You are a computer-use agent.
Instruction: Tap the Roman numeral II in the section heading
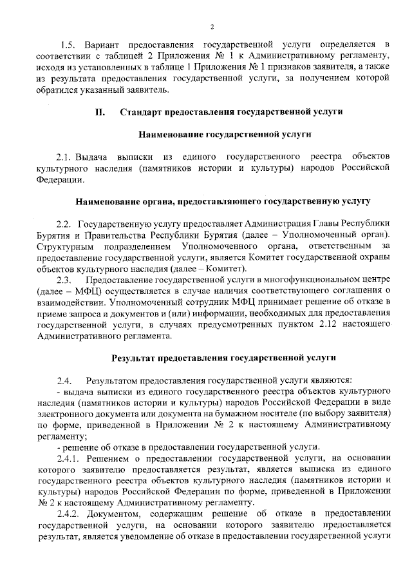click(x=99, y=112)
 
